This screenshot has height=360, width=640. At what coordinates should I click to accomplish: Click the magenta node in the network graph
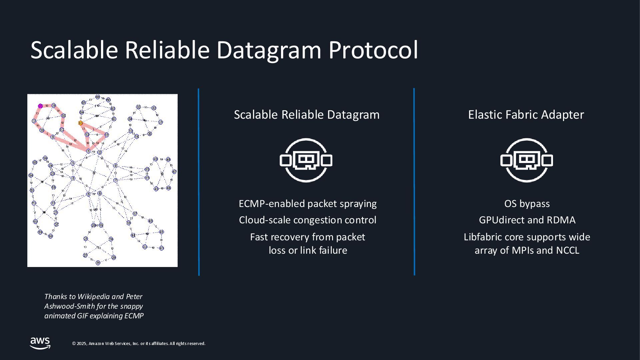click(x=40, y=106)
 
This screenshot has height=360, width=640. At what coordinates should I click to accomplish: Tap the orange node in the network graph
click(x=80, y=123)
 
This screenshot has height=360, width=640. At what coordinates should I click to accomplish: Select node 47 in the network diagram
click(x=174, y=172)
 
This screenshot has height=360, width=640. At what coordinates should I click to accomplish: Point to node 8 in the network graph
click(x=115, y=166)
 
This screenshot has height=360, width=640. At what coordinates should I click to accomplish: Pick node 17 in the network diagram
click(x=135, y=214)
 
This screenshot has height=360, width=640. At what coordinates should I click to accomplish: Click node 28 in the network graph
click(x=114, y=258)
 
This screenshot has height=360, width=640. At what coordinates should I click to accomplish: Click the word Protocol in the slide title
click(x=373, y=50)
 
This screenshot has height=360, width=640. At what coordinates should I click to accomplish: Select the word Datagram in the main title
click(x=269, y=50)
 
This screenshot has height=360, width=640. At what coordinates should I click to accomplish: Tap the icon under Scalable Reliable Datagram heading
click(x=306, y=160)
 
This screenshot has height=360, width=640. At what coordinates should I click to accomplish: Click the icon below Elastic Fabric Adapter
click(x=527, y=160)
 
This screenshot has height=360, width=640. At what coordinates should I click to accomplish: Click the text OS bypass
click(x=527, y=204)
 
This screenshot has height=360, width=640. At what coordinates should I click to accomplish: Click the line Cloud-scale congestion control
click(x=308, y=220)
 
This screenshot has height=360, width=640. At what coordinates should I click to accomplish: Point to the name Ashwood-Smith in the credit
click(x=70, y=306)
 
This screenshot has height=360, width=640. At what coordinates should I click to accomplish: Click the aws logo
click(x=40, y=343)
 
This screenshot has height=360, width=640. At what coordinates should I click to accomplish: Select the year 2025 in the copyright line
click(x=82, y=344)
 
